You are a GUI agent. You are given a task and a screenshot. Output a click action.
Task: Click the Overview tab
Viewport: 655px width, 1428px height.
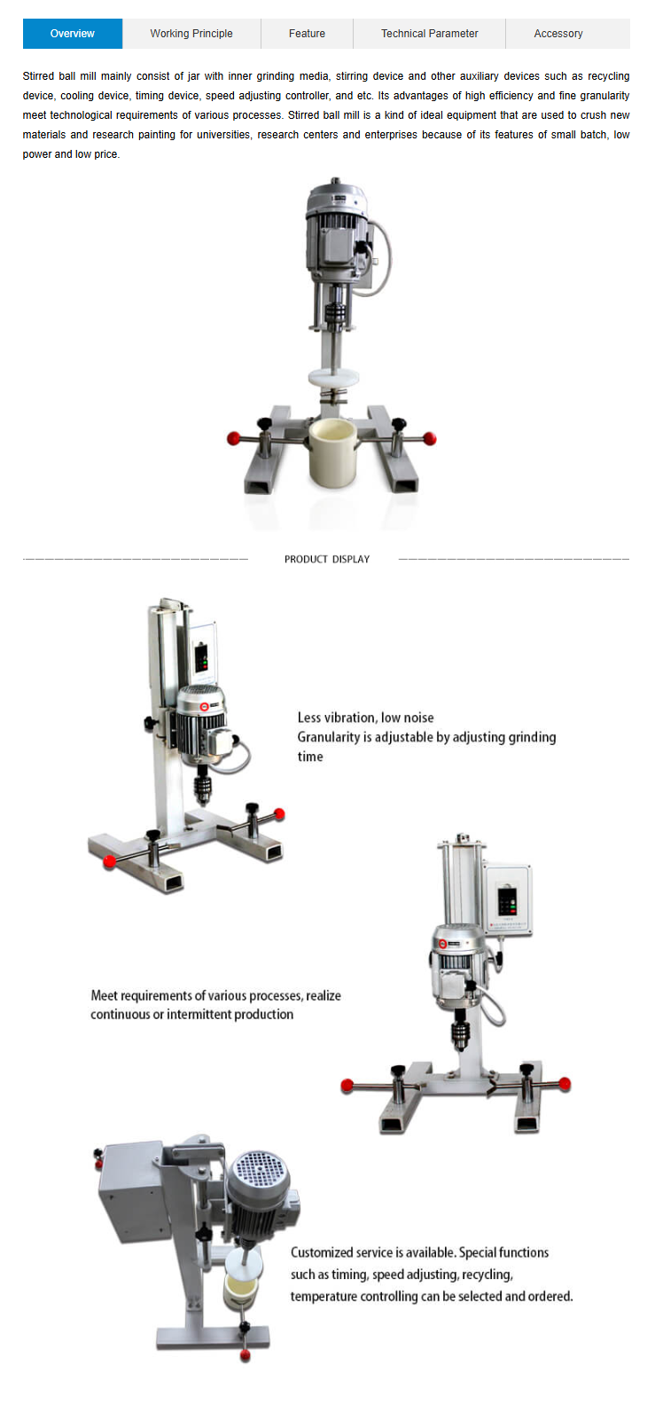(x=72, y=33)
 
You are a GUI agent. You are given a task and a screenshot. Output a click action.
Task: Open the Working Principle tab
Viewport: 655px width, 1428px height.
(x=191, y=33)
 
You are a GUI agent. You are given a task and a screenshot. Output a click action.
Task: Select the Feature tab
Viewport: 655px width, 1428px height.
(x=307, y=33)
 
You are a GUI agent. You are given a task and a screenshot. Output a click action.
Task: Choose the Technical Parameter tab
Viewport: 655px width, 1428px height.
(x=430, y=33)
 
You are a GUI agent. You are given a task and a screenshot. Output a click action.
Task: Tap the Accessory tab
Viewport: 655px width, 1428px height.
(x=558, y=33)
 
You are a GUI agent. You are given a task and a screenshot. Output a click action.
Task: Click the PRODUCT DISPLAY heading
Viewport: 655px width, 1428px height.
(x=327, y=559)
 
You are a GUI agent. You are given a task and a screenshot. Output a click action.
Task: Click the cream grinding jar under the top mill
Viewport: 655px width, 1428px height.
(x=332, y=452)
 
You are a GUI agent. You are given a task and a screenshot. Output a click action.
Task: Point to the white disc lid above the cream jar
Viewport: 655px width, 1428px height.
(x=333, y=377)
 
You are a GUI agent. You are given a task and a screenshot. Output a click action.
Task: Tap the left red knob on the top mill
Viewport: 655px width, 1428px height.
(x=234, y=438)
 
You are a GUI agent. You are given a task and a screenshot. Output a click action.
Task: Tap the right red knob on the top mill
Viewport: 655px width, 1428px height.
(x=430, y=438)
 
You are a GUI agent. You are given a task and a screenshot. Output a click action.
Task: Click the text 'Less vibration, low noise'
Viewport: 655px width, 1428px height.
(x=365, y=718)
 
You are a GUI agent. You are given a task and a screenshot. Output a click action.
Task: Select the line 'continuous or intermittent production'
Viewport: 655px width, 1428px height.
(x=191, y=1015)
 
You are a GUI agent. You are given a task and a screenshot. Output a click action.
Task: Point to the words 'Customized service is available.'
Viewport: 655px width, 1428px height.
(x=373, y=1252)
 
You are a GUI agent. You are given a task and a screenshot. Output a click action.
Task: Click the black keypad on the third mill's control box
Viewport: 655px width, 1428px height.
(x=507, y=901)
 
